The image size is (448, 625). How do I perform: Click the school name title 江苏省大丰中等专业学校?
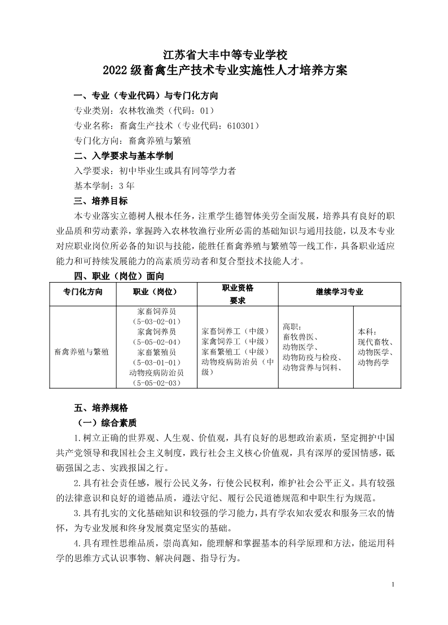point(225,55)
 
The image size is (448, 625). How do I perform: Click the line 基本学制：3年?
point(104,185)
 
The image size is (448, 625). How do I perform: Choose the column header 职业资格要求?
point(238,294)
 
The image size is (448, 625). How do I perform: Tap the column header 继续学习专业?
point(339,292)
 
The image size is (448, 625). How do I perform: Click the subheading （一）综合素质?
point(107,422)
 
